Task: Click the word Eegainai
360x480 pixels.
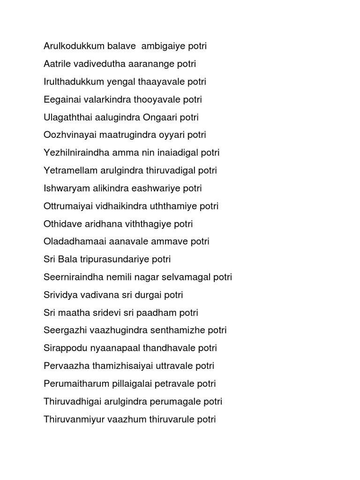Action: click(60, 100)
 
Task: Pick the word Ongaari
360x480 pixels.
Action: click(152, 117)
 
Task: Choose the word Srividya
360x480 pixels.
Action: click(60, 295)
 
